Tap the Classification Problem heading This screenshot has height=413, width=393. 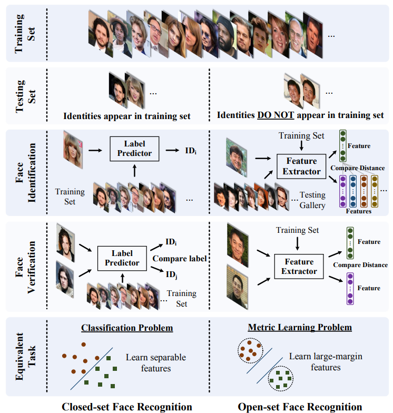coord(127,328)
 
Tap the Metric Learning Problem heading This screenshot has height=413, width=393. coord(300,328)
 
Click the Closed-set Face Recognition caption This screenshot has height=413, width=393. coord(126,406)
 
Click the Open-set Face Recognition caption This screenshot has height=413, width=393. coord(300,406)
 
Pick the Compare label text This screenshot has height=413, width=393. coord(179,259)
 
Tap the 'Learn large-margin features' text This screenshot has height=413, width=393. coord(326,361)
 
